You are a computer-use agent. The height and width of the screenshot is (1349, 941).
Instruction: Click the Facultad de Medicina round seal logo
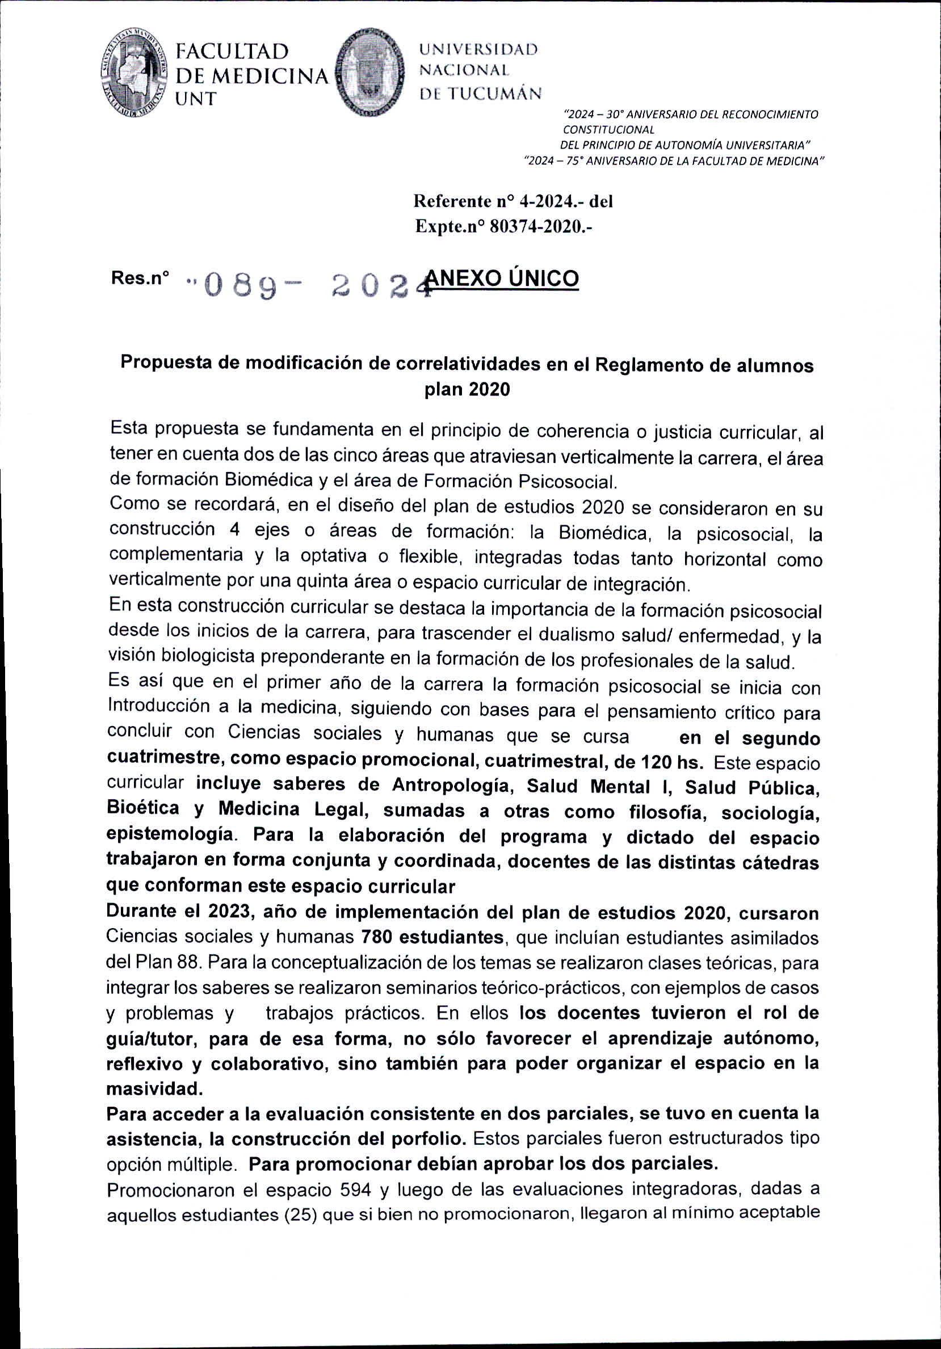[135, 72]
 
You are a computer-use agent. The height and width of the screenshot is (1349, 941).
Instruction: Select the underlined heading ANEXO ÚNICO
[503, 278]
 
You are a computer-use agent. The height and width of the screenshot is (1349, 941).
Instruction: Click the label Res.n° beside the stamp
[140, 277]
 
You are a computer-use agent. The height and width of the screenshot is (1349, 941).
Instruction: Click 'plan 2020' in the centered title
[467, 389]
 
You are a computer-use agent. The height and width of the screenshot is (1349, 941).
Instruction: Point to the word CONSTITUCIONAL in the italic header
[608, 130]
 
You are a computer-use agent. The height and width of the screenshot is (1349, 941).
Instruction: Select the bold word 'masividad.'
[154, 1089]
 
